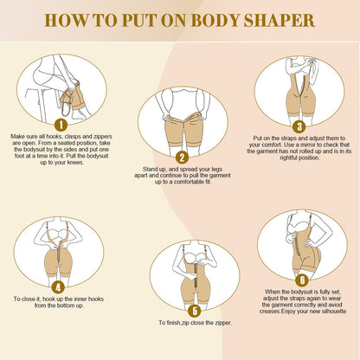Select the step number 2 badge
pyautogui.click(x=180, y=157)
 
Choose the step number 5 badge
pyautogui.click(x=195, y=310)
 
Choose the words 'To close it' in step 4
pyautogui.click(x=29, y=299)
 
